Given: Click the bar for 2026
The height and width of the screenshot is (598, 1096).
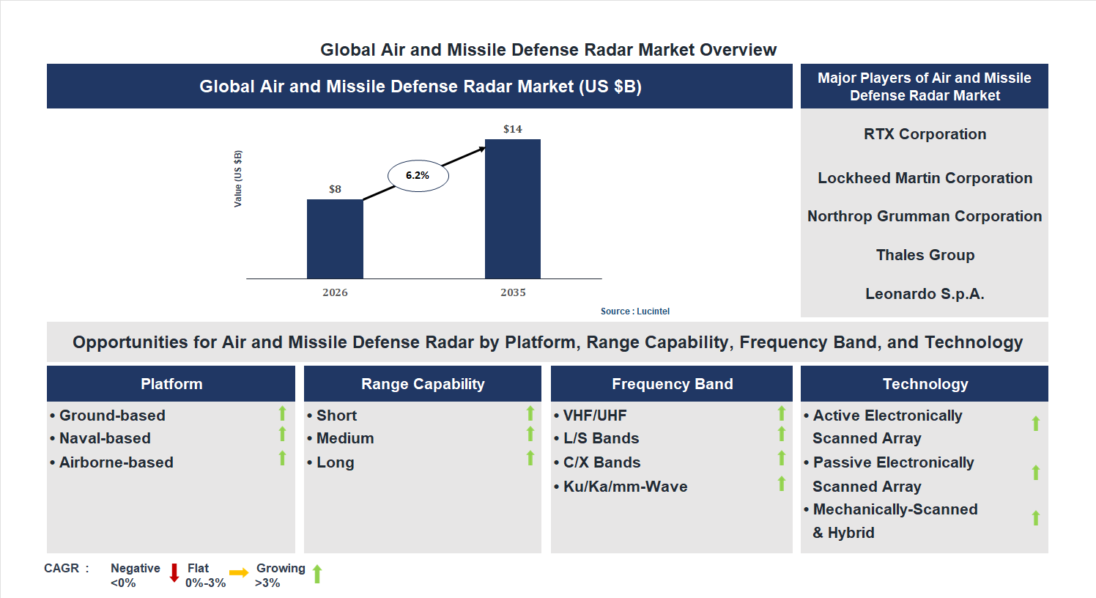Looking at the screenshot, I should (x=335, y=239).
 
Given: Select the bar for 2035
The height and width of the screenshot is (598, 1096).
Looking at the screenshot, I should (x=513, y=209).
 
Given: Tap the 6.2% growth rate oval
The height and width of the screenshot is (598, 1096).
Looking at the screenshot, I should (x=418, y=176).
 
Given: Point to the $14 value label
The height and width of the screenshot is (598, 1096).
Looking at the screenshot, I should (x=513, y=129).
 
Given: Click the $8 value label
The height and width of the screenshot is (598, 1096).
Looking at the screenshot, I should (x=335, y=189).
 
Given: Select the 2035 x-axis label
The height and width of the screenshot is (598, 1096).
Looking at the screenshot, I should (x=513, y=292).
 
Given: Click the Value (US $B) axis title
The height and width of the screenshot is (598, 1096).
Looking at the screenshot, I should (x=238, y=179).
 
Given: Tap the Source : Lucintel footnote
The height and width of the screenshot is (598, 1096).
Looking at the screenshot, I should (x=634, y=311).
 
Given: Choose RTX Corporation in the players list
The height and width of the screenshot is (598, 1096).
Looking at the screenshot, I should (x=925, y=134).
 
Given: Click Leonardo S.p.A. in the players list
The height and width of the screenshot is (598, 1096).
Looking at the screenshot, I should (x=925, y=294).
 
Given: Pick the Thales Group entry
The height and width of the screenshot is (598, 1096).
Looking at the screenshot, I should (x=925, y=255).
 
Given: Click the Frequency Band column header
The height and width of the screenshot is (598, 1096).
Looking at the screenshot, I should (x=672, y=384).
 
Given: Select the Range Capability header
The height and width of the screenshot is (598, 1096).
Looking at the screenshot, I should (x=423, y=384).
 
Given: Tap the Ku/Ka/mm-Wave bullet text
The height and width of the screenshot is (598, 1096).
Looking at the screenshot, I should (x=625, y=487).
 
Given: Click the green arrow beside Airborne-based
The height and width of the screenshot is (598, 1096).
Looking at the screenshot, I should (x=282, y=459).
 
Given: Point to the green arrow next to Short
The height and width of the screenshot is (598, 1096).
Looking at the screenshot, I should (x=530, y=413).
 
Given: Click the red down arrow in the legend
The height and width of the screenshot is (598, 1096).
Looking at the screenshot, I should (x=174, y=573).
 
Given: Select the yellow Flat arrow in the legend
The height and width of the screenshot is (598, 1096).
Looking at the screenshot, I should (x=239, y=573).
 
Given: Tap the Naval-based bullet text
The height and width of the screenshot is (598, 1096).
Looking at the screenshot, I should (x=105, y=438).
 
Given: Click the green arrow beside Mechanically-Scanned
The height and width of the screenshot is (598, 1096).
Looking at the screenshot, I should (x=1036, y=518).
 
